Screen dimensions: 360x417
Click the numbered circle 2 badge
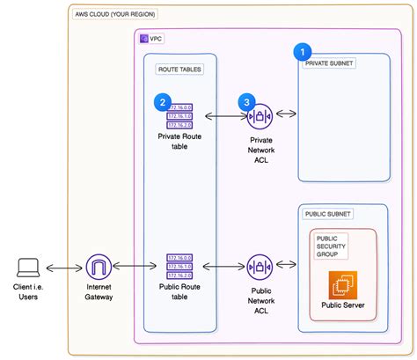pyautogui.click(x=163, y=101)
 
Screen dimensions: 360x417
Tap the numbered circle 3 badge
pyautogui.click(x=247, y=101)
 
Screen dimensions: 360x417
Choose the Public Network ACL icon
pyautogui.click(x=260, y=266)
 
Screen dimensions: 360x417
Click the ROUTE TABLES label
pyautogui.click(x=179, y=69)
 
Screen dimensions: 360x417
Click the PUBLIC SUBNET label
pyautogui.click(x=327, y=214)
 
